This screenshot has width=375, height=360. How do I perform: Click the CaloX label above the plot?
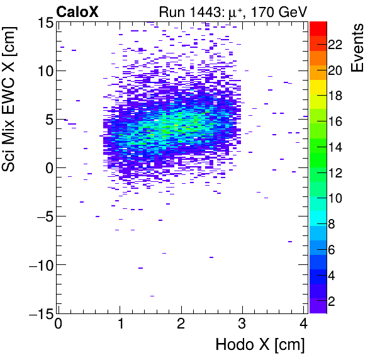pos(77,11)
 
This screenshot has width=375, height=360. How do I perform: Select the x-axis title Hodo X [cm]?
pos(259,345)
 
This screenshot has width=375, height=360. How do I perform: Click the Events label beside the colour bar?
pos(357,48)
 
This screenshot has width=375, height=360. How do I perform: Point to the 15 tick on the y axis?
pos(45,22)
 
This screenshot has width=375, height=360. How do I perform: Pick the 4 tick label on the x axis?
pos(305,325)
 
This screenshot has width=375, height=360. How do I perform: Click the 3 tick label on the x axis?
pos(243,325)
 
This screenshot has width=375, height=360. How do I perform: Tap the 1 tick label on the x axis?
pos(120,325)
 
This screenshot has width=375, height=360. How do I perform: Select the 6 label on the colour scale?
pos(331,250)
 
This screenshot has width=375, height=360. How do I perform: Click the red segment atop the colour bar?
pos(318,27)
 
